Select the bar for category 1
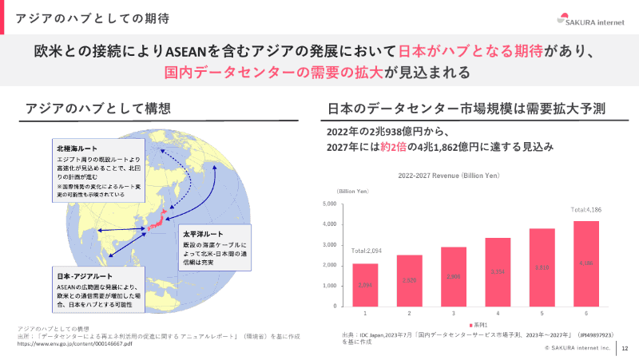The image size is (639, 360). click(x=365, y=285)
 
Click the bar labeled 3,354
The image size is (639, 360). click(x=498, y=271)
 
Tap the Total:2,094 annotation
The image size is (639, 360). click(x=365, y=251)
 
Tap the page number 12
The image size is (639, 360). click(x=624, y=348)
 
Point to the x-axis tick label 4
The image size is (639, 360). click(x=498, y=312)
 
